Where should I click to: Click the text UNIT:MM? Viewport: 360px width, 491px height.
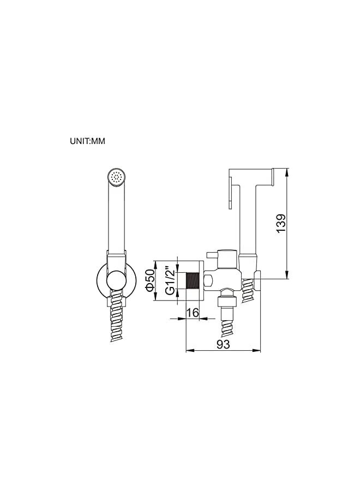coord(87,141)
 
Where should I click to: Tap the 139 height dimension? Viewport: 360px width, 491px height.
coord(281,224)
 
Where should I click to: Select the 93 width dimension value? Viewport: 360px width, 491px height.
coord(223,344)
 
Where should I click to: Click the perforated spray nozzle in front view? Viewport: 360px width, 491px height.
coord(116,176)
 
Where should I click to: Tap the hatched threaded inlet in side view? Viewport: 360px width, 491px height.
coord(191,281)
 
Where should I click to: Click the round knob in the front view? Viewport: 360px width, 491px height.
coord(116,282)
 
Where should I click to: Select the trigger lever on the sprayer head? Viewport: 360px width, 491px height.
coord(230,195)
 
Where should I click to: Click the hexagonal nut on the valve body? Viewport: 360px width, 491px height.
coord(209,281)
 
